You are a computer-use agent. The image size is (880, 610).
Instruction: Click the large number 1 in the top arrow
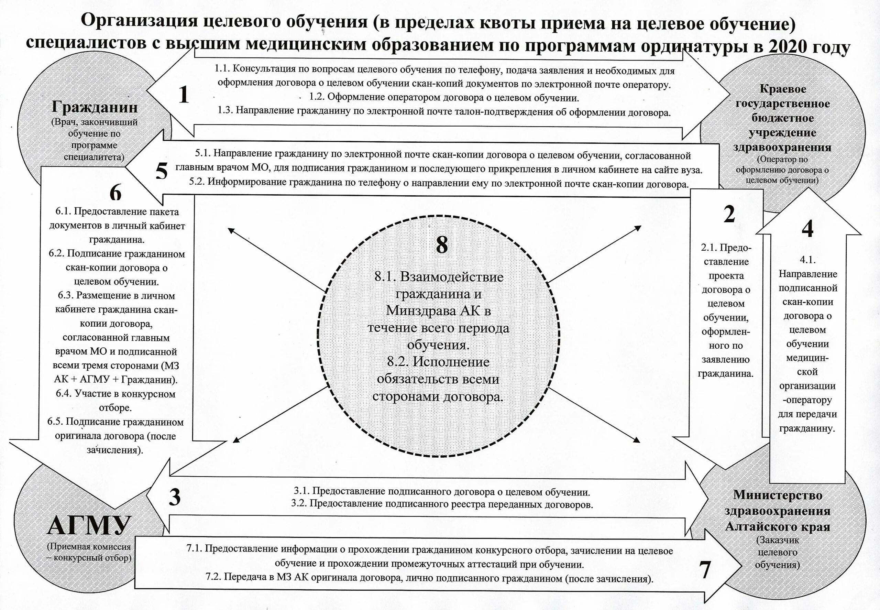coord(184,95)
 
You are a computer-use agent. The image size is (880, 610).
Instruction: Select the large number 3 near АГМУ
coord(175,497)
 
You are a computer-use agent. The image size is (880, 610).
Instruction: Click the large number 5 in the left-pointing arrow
coord(162,171)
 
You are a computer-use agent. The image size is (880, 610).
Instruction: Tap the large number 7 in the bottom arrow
coord(705,569)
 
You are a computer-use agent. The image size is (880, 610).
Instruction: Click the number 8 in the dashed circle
coord(442,244)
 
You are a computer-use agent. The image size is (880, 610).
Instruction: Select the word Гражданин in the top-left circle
coord(95,107)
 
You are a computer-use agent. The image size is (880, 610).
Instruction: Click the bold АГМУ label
coord(89,525)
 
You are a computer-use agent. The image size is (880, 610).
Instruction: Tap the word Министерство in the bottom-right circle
coord(777,495)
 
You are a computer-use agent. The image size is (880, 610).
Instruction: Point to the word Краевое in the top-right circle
coord(783,89)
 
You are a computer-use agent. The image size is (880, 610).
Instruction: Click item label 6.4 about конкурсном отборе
coord(64,393)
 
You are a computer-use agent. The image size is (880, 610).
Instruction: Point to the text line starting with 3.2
coord(442,504)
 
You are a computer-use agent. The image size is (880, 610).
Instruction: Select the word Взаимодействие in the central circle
coord(452,277)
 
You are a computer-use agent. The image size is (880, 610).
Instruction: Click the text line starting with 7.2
coord(429,578)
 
